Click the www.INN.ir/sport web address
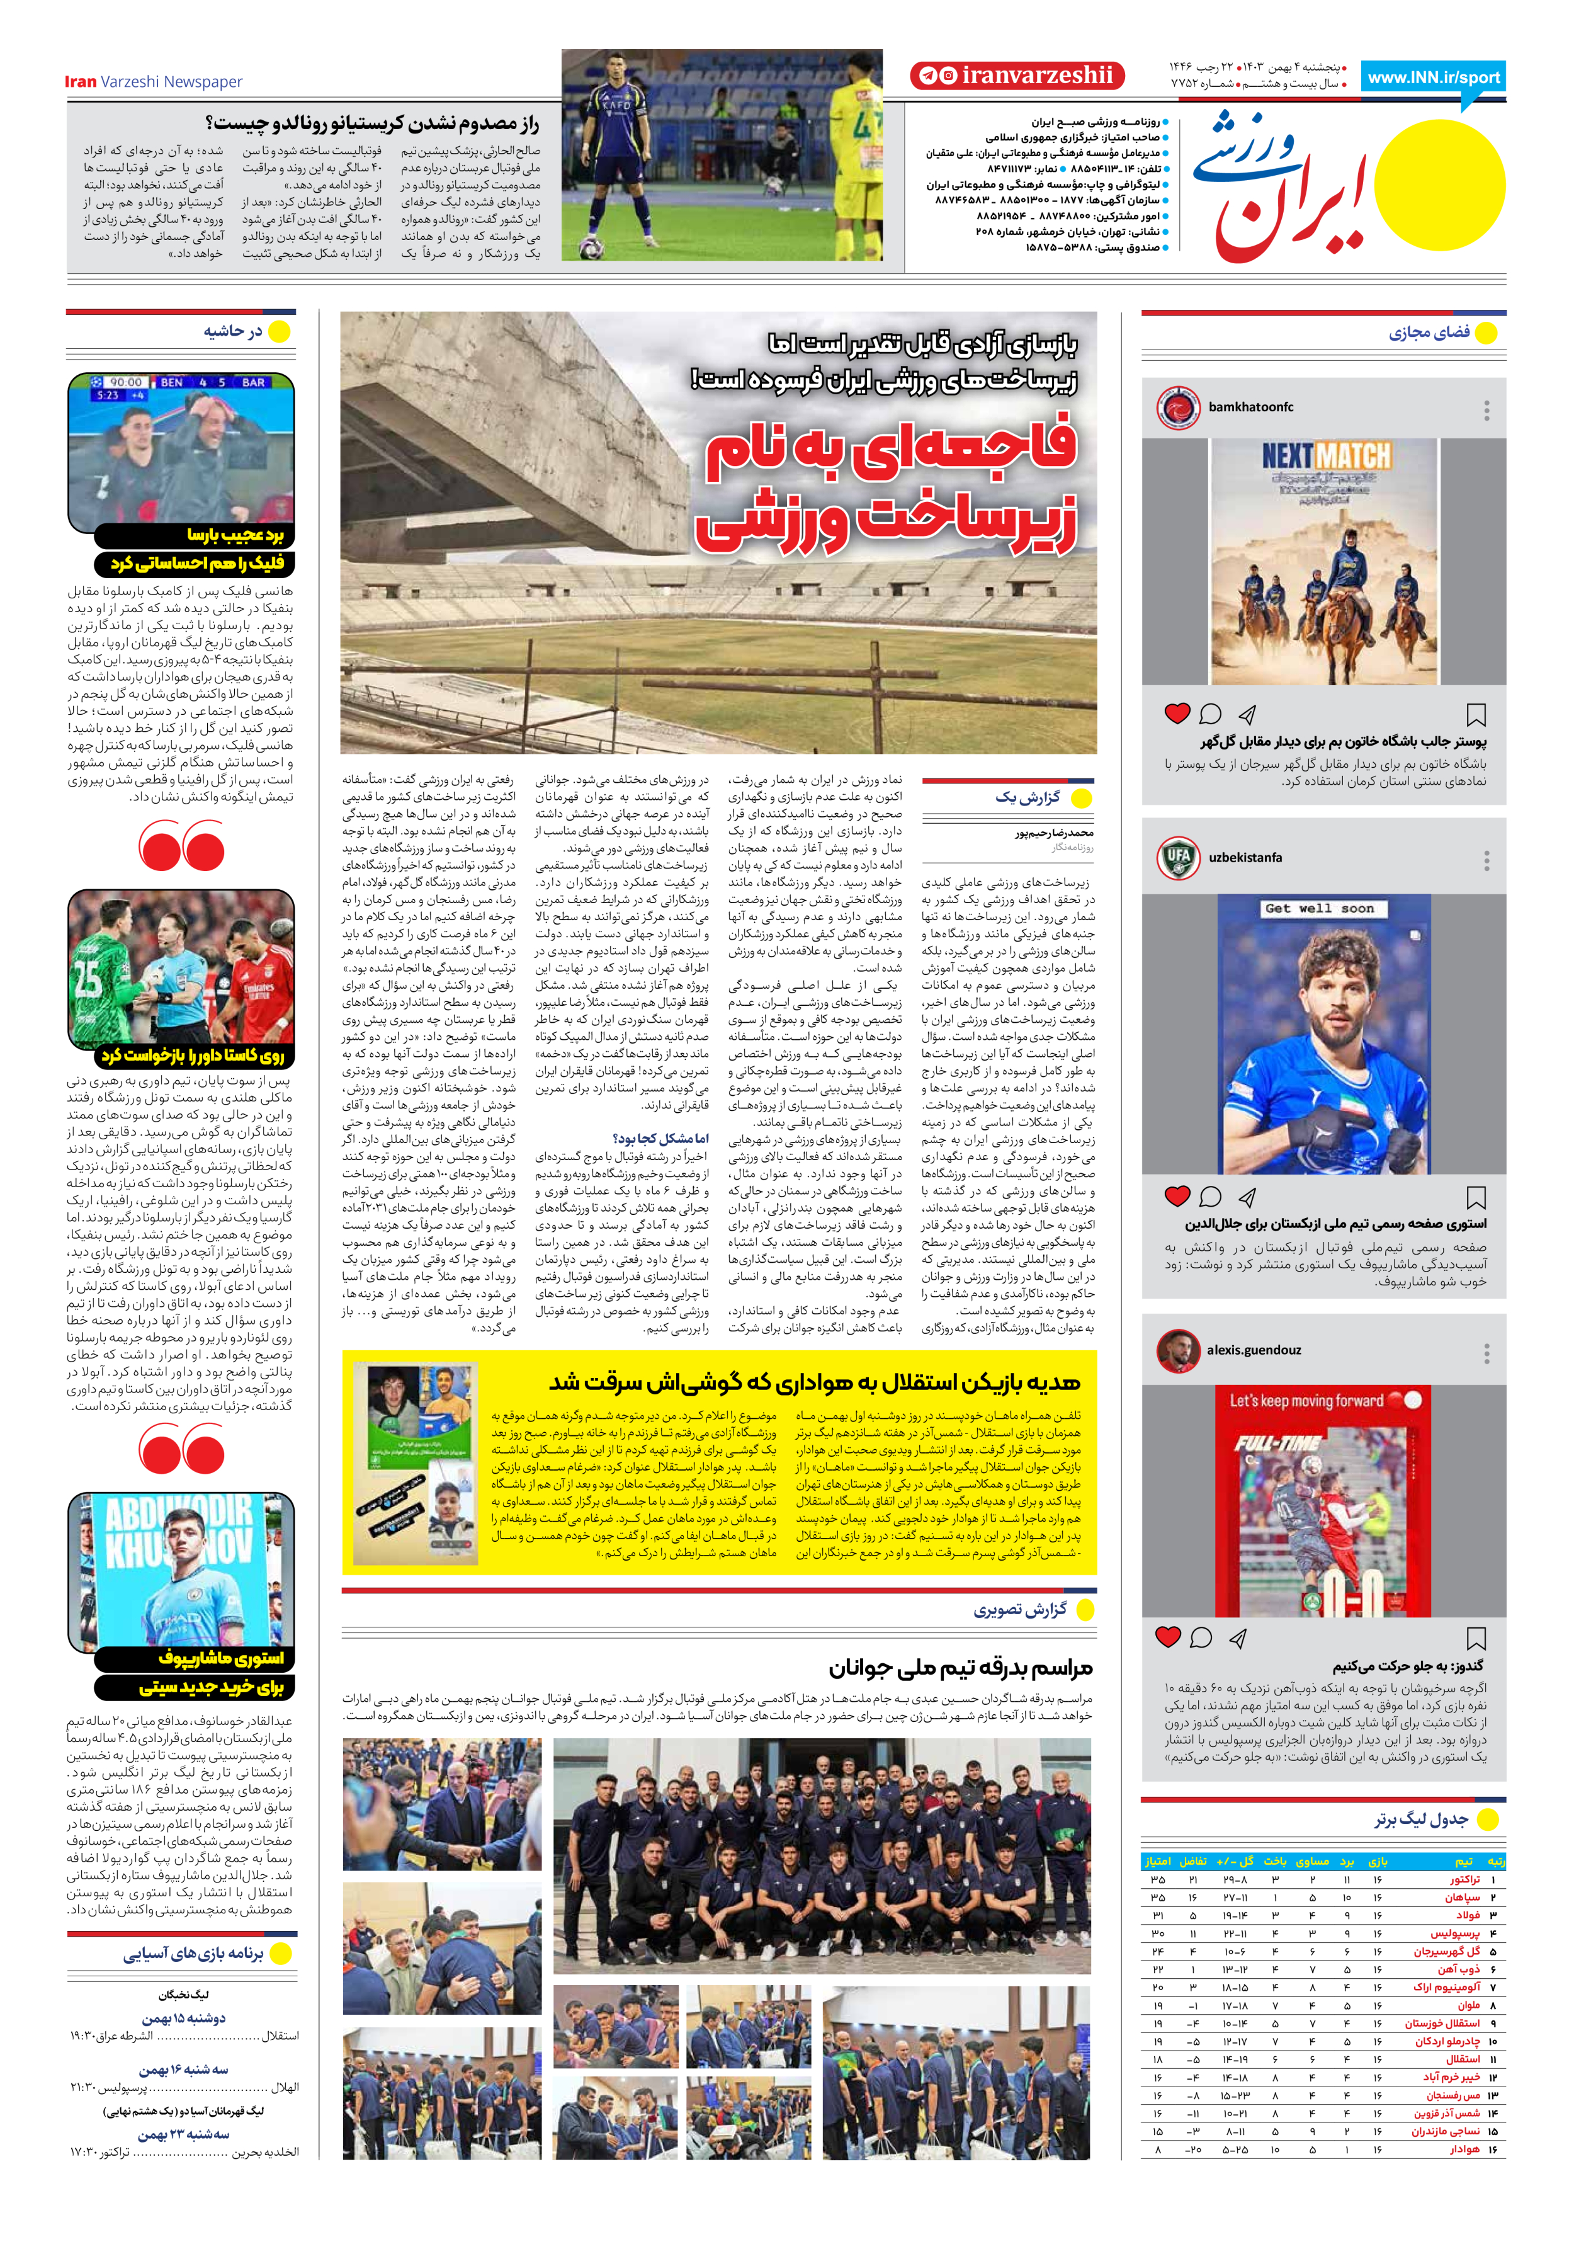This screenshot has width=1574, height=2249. click(1434, 77)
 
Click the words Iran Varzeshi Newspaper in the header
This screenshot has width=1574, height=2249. click(154, 81)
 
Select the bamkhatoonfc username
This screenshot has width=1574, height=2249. click(1251, 406)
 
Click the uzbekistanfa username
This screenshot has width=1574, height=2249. click(1245, 857)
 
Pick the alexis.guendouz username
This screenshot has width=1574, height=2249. click(1254, 1350)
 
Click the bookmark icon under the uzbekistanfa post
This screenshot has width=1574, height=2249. click(1476, 1197)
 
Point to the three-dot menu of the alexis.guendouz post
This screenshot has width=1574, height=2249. click(1487, 1353)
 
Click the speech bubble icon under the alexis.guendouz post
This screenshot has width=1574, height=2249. click(1201, 1637)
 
